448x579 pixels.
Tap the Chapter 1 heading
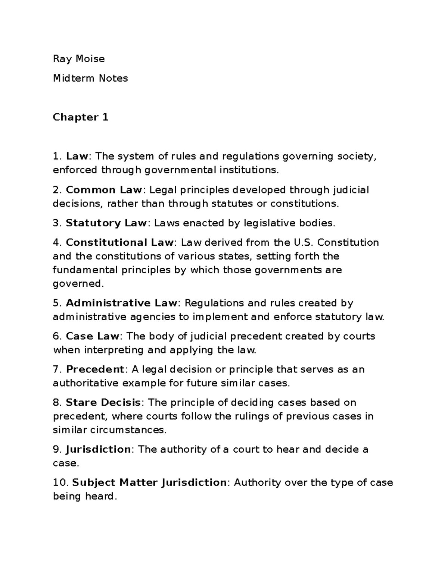coord(80,117)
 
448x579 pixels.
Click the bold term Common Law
coord(104,190)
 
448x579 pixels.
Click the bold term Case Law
coord(93,336)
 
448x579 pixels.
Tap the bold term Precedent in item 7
coord(95,369)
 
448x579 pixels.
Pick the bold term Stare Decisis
coord(103,402)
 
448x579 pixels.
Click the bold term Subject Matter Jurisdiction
coord(149,482)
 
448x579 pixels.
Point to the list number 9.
coord(57,449)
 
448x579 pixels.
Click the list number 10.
coord(60,482)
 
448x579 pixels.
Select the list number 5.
coord(57,303)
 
